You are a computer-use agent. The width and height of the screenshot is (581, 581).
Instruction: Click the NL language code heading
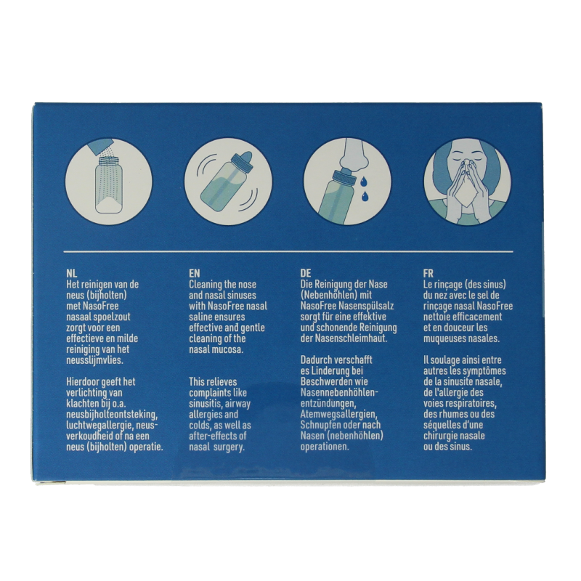click(71, 274)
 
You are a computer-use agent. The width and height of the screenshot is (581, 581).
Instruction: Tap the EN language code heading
click(194, 274)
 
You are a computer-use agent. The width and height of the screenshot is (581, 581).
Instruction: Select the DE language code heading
click(306, 274)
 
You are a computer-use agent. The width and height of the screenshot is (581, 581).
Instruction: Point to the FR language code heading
click(428, 274)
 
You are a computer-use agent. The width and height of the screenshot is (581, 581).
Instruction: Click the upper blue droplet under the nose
click(364, 180)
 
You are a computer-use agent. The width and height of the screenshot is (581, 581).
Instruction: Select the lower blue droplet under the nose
click(367, 195)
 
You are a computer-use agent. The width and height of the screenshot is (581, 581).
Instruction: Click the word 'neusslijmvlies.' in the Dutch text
click(94, 360)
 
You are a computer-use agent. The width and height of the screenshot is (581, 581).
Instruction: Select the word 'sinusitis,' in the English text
click(206, 404)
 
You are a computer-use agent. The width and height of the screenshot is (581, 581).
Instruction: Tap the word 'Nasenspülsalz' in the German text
click(367, 306)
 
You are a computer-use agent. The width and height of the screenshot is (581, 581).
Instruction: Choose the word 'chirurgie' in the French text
click(442, 436)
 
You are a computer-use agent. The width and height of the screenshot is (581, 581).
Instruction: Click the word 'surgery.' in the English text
click(229, 447)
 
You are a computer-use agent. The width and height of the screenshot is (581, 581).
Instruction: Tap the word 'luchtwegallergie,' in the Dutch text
click(102, 426)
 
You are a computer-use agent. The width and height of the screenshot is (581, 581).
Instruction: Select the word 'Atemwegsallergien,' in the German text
click(338, 414)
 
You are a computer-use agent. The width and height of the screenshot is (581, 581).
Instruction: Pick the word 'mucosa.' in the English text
click(229, 350)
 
